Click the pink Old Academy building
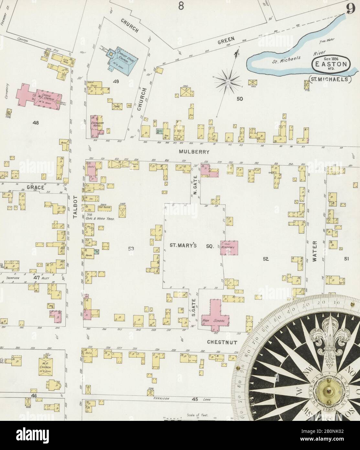(x=230, y=248)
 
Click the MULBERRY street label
(x=195, y=151)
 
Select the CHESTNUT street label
(x=222, y=342)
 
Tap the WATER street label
(x=316, y=251)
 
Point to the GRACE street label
(x=35, y=187)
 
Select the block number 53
(x=131, y=249)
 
